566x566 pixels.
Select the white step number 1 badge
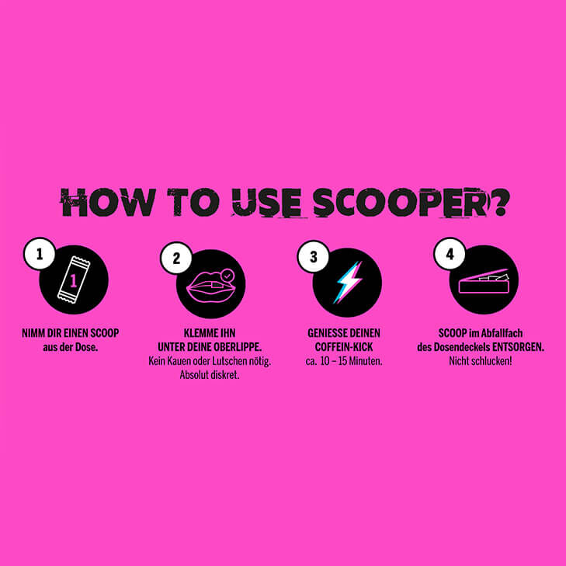(x=40, y=253)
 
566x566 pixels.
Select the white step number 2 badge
(x=176, y=258)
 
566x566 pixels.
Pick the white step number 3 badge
(x=314, y=257)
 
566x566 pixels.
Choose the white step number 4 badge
(x=450, y=253)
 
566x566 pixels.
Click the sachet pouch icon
(x=74, y=280)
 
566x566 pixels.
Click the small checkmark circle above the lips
(x=227, y=276)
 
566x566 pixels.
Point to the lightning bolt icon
(x=348, y=283)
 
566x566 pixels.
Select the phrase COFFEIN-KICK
(x=344, y=347)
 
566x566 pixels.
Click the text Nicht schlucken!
(x=481, y=361)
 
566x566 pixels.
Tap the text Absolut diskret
(x=210, y=375)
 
